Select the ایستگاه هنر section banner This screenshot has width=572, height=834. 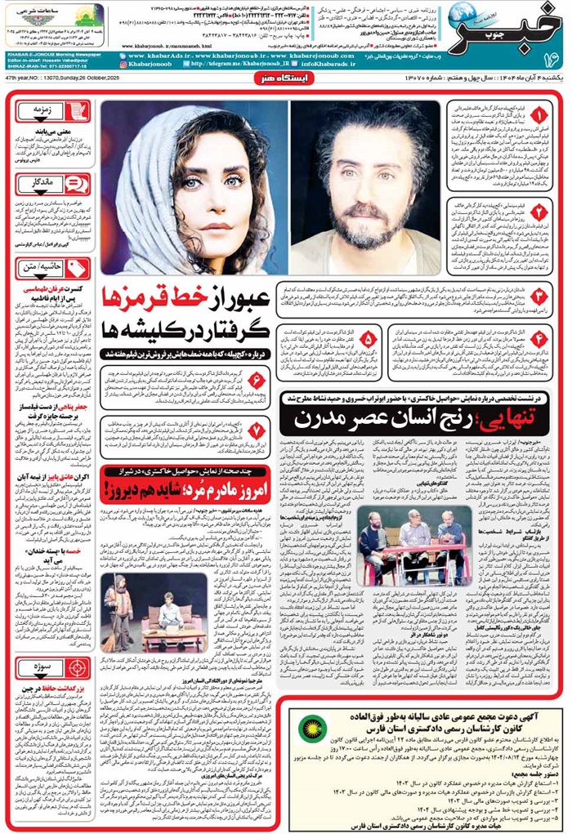tap(284, 83)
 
